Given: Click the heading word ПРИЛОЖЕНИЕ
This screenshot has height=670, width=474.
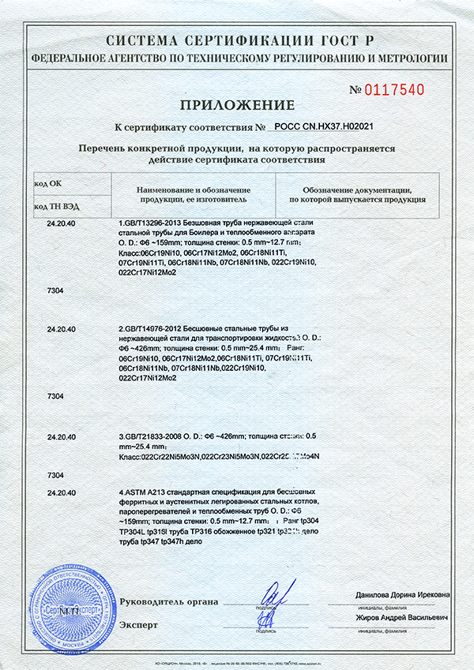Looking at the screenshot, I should coord(236,105).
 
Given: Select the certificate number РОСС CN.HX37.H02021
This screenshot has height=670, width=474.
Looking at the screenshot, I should coord(323,126).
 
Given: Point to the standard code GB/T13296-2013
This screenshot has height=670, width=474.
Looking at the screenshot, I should coord(151,225).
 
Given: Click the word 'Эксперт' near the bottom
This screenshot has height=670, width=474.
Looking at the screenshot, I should coord(139,624).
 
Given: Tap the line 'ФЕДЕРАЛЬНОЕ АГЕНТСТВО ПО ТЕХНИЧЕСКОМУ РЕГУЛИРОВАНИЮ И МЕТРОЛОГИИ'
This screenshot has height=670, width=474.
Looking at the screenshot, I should coord(236,58).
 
